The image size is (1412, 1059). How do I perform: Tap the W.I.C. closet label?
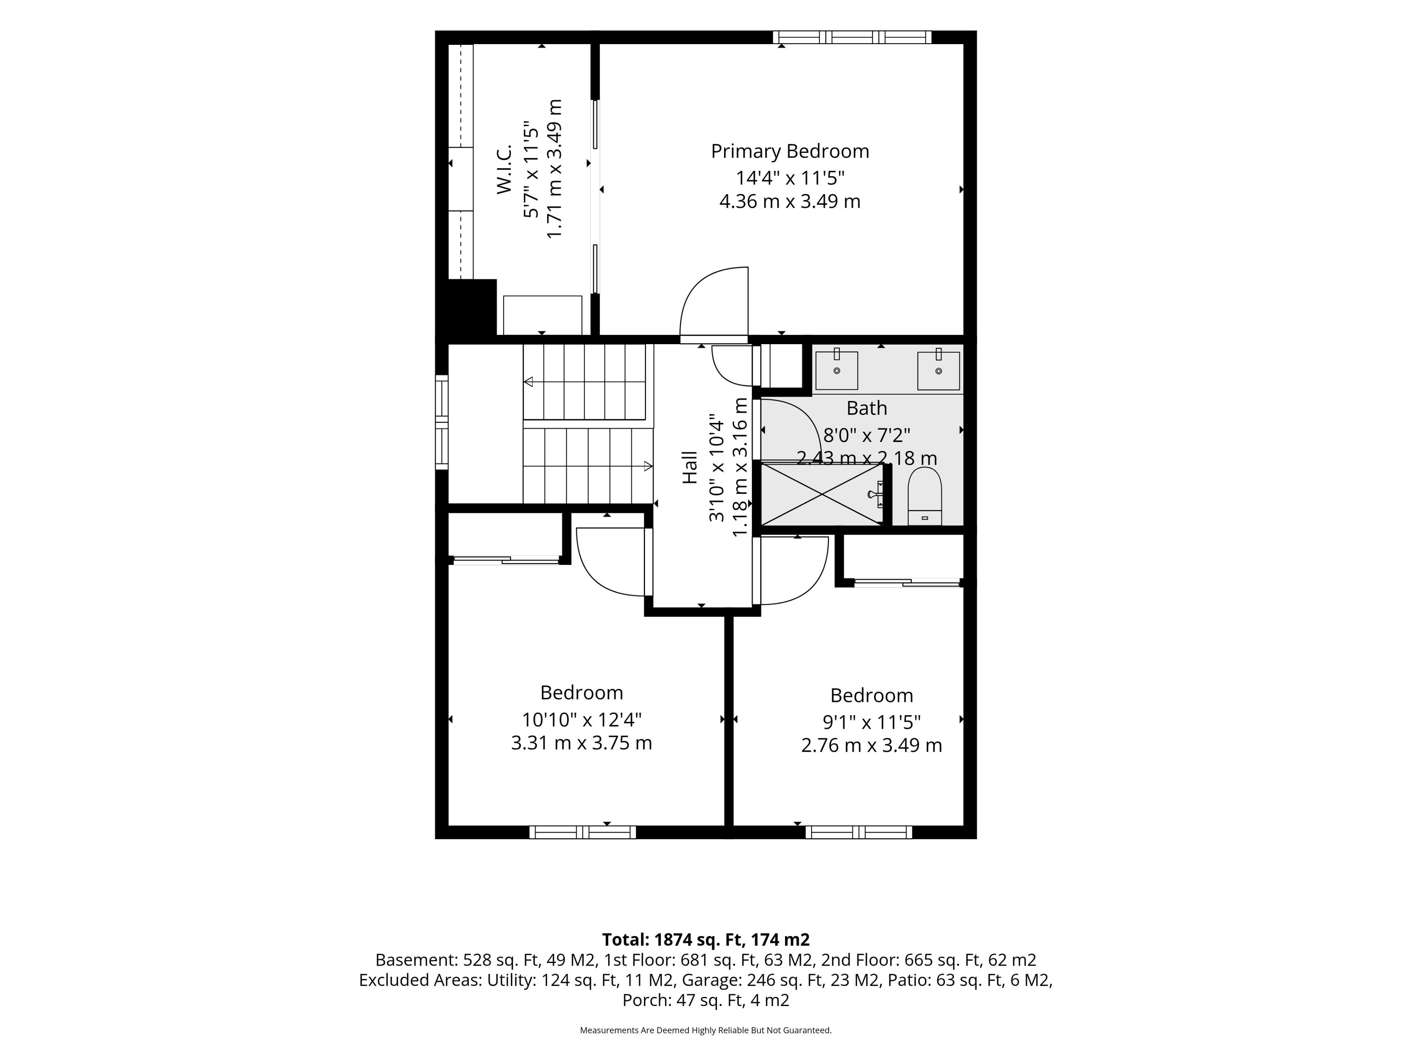tap(504, 169)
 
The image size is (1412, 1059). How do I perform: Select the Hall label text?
tap(690, 467)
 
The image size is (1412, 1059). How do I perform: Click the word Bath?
tap(866, 408)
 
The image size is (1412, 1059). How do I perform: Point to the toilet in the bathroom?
tap(924, 496)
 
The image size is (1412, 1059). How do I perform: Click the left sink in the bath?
tap(836, 369)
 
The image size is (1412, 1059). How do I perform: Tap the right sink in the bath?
tap(938, 369)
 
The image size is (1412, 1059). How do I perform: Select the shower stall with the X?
tap(822, 493)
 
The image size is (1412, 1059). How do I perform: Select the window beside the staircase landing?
tap(442, 422)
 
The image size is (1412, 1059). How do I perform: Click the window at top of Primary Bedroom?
tap(852, 37)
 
